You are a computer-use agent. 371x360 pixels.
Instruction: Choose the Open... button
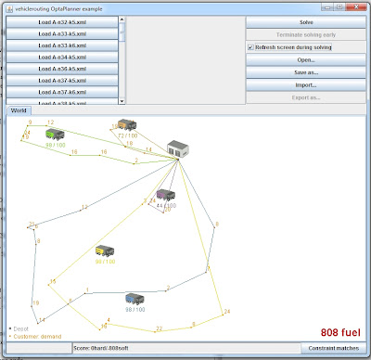click(x=306, y=58)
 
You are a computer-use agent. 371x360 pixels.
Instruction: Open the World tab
click(x=19, y=110)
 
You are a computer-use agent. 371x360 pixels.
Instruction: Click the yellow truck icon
click(x=105, y=252)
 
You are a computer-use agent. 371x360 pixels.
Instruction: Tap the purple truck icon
click(x=166, y=195)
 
